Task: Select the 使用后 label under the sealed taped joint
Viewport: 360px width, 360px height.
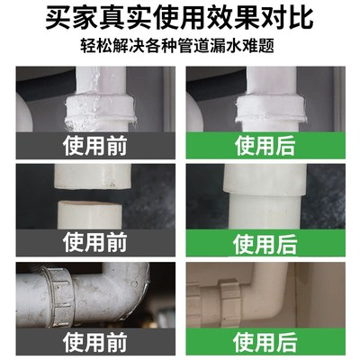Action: (x=265, y=145)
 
